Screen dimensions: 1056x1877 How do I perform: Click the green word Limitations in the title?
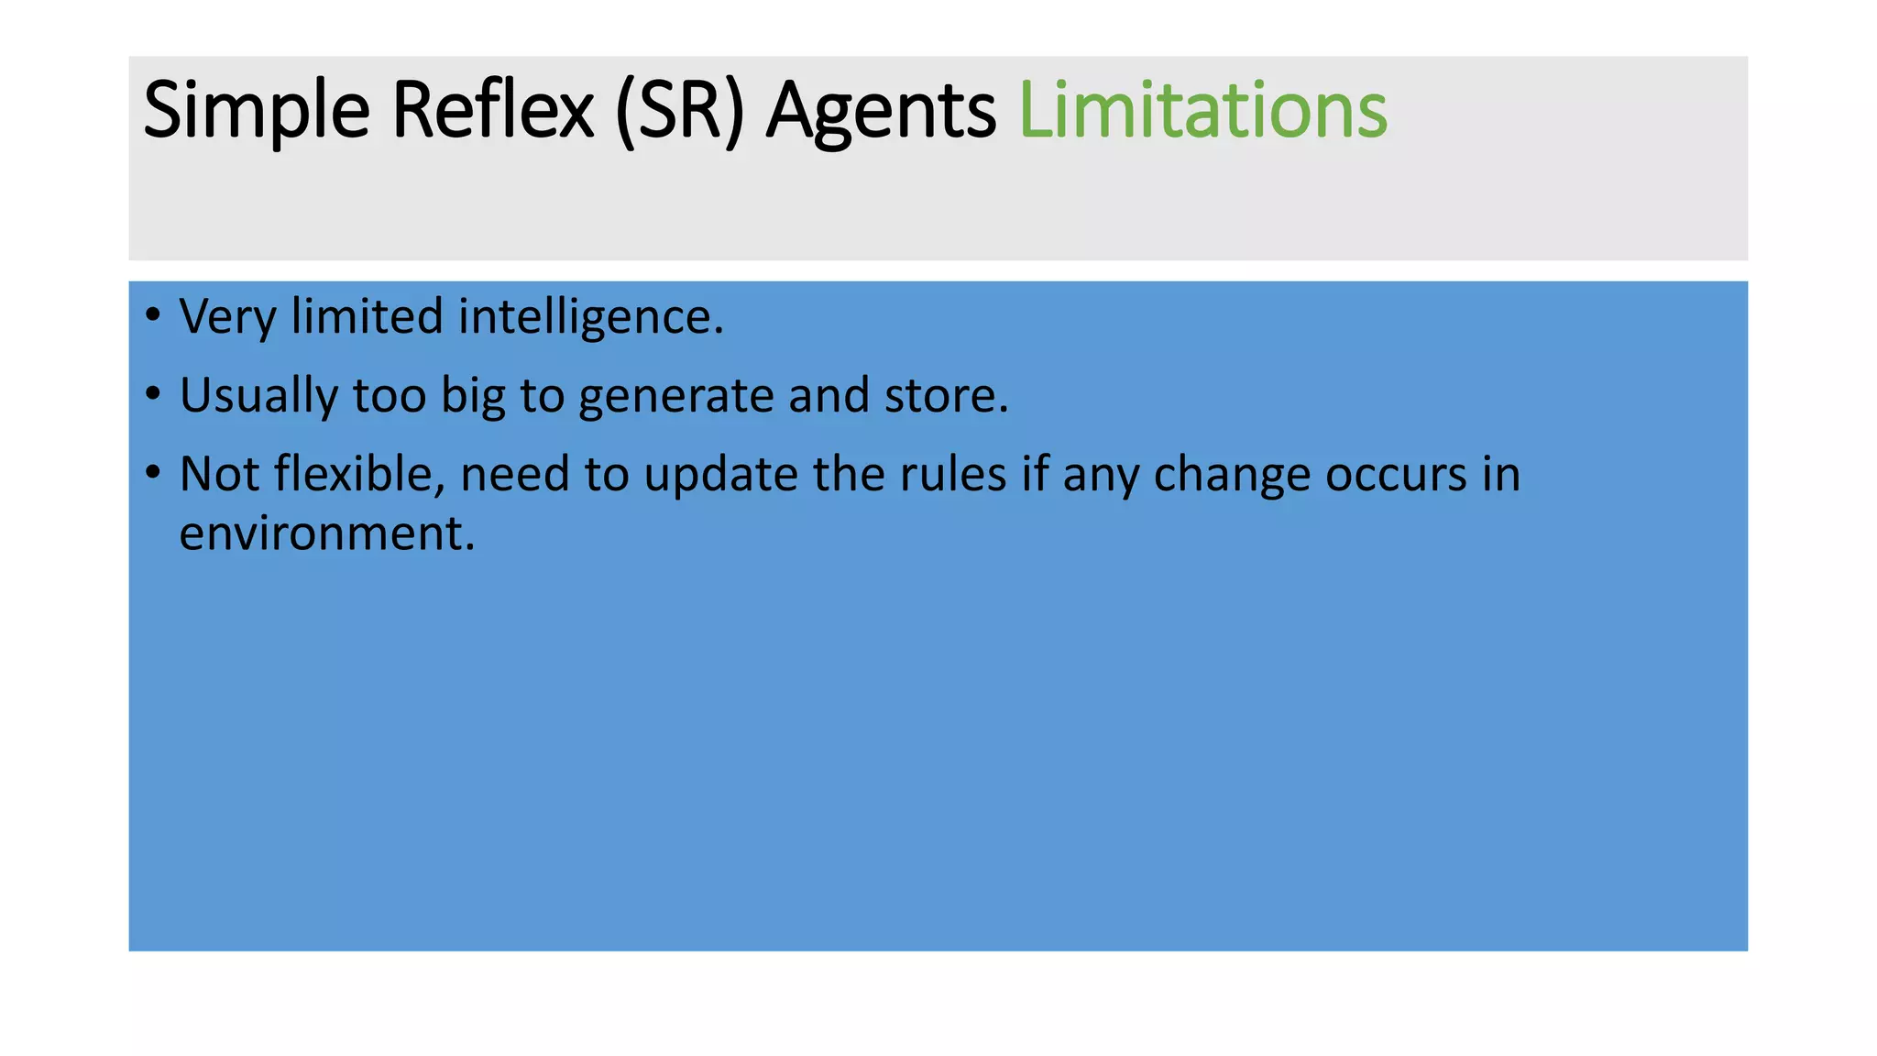click(x=1202, y=111)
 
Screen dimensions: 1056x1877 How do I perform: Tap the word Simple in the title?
click(x=257, y=111)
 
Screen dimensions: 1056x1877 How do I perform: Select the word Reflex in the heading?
click(x=493, y=111)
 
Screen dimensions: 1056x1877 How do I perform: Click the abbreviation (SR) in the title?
click(x=679, y=111)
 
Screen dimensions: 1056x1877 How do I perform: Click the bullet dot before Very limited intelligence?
click(x=153, y=316)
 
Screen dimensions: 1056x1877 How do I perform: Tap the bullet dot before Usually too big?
click(x=153, y=395)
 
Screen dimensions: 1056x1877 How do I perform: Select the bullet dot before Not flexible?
click(x=153, y=474)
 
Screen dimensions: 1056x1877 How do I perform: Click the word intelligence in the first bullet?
click(x=590, y=317)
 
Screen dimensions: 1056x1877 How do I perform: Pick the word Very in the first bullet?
click(x=227, y=317)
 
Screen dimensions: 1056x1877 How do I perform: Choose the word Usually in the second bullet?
click(x=258, y=396)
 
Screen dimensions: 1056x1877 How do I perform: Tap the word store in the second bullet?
click(x=945, y=396)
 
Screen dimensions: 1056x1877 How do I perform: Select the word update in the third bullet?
click(x=720, y=475)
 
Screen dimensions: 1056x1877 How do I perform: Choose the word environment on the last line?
click(x=326, y=533)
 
